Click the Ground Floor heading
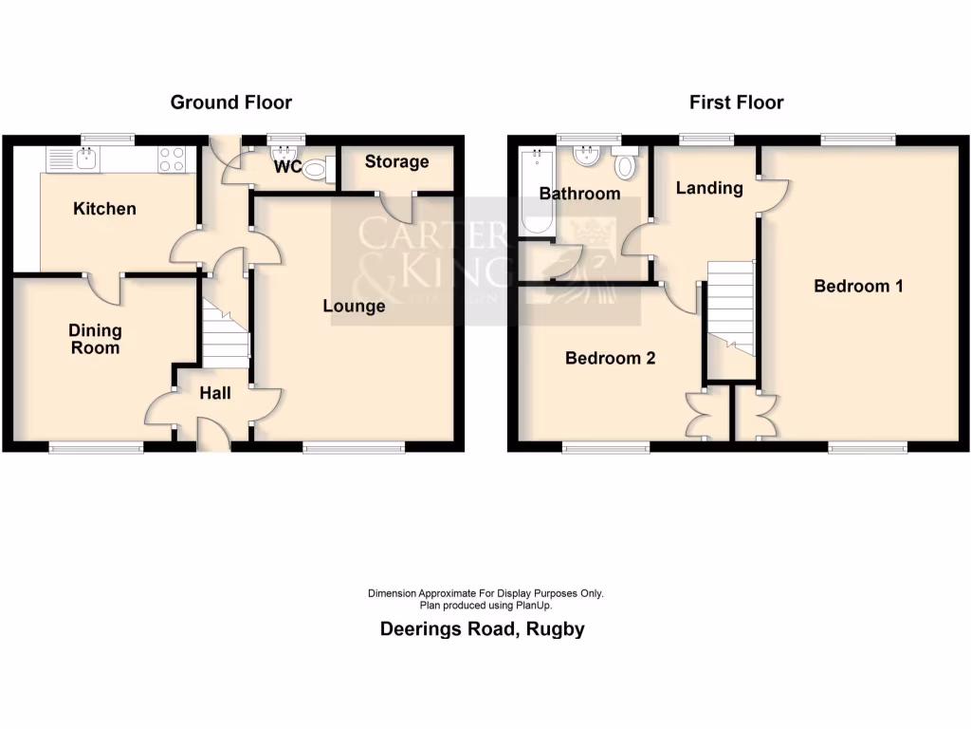point(230,103)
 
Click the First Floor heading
point(736,103)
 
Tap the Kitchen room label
point(104,209)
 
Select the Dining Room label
point(95,339)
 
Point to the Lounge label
point(354,306)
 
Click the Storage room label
point(396,161)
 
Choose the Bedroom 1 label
point(858,286)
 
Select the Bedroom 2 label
point(610,358)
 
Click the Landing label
point(708,188)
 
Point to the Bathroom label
point(579,194)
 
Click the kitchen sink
point(85,159)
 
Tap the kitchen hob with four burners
point(172,159)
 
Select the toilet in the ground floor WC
point(320,169)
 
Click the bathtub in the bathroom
point(533,195)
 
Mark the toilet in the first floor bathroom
point(625,165)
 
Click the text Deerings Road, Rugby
point(483,628)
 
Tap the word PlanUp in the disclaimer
point(534,605)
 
